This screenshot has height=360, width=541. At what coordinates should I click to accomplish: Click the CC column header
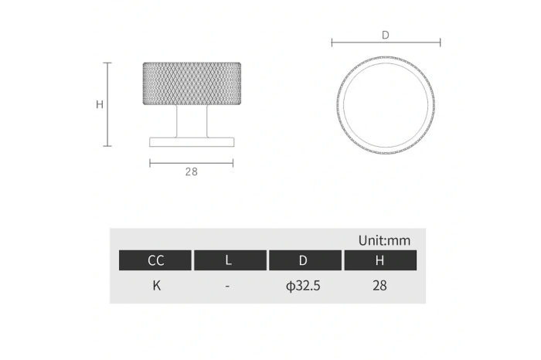[x=155, y=260]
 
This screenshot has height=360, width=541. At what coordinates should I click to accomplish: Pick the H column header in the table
[x=380, y=260]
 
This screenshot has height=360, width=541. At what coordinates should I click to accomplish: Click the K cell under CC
[x=157, y=286]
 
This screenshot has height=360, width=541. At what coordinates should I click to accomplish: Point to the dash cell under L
[x=227, y=286]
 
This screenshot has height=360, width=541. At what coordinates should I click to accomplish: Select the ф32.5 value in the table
[x=303, y=286]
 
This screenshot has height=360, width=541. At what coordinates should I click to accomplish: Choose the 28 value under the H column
[x=379, y=286]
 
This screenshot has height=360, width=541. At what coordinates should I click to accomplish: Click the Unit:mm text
[x=384, y=240]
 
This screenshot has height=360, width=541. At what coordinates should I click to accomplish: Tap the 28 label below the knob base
[x=191, y=172]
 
